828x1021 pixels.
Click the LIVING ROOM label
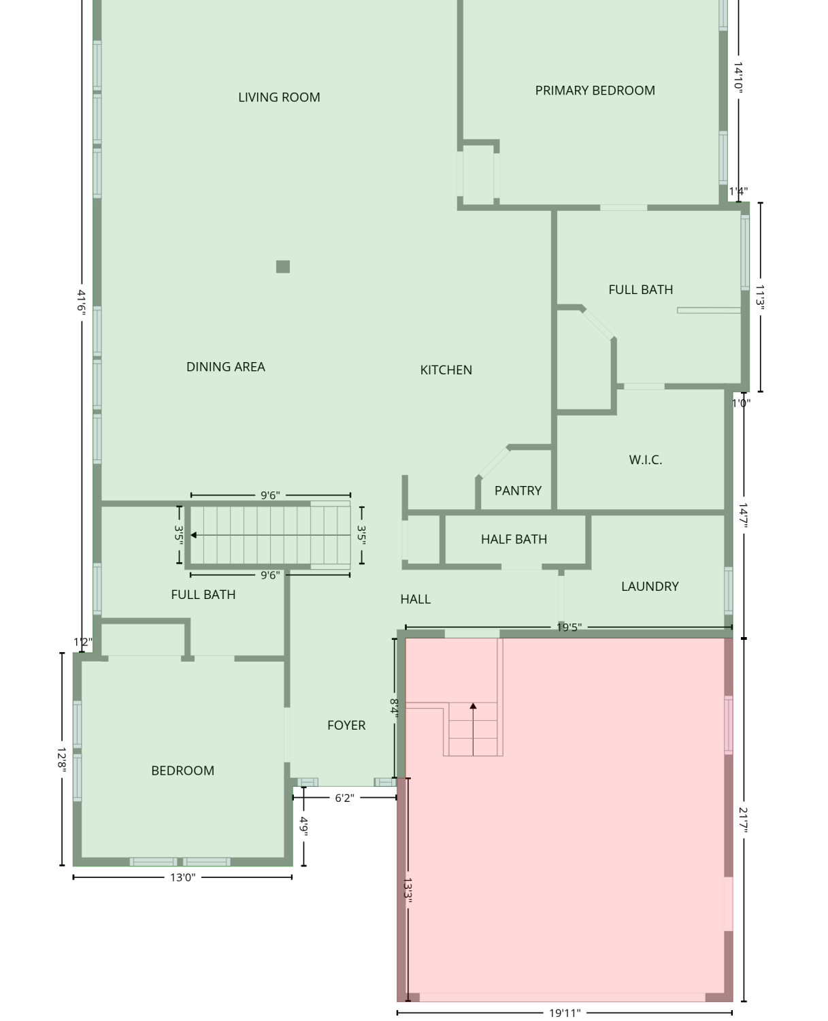coord(279,97)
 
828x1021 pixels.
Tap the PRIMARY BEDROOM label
coord(595,91)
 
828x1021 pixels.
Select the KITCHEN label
coord(446,370)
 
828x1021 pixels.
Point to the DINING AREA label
coord(225,367)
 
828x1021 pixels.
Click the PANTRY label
coord(518,490)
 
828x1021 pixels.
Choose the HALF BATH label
coord(514,539)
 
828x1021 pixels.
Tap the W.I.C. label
coord(645,459)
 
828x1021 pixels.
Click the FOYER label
coord(346,725)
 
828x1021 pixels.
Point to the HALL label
coord(415,599)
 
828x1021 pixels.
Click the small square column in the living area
coord(283,267)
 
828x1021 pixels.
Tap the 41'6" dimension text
coord(82,302)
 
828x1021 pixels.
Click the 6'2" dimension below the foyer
coord(344,798)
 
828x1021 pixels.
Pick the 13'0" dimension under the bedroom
coord(182,877)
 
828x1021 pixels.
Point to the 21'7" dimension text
coord(743,820)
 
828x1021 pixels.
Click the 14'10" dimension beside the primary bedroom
coord(738,77)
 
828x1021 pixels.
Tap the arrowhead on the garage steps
coord(473,706)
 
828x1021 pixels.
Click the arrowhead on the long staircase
coord(194,534)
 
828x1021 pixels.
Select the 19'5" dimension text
coord(569,627)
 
